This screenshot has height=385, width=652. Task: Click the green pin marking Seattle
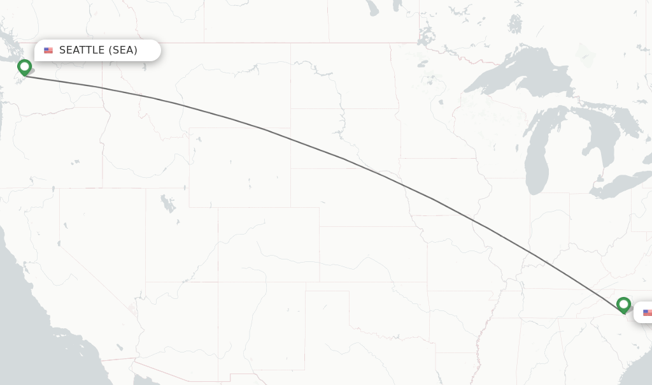pos(25,66)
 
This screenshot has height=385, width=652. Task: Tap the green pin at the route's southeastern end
pos(623,305)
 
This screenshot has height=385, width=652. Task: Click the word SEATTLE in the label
pos(81,50)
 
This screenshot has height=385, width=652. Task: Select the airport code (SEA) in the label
pos(123,50)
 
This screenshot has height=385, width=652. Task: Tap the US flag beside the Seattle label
pos(48,50)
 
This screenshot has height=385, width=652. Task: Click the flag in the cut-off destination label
pos(647,312)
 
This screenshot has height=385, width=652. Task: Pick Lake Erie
pos(618,185)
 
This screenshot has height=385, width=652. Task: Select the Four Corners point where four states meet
pos(218,281)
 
